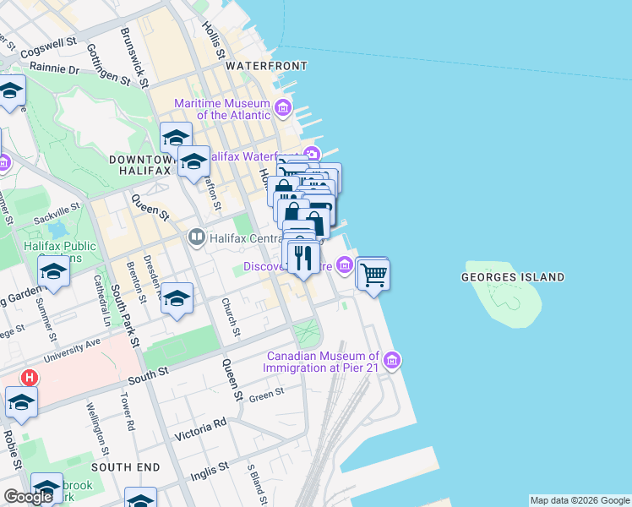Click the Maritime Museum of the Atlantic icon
coord(282,108)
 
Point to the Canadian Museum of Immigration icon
coord(390,362)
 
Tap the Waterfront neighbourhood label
coord(265,65)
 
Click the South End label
coord(125,466)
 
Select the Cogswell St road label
coord(48,46)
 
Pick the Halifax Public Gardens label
coord(60,251)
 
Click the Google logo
coord(28,497)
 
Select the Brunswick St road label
coord(135,58)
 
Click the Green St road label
coord(266,394)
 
